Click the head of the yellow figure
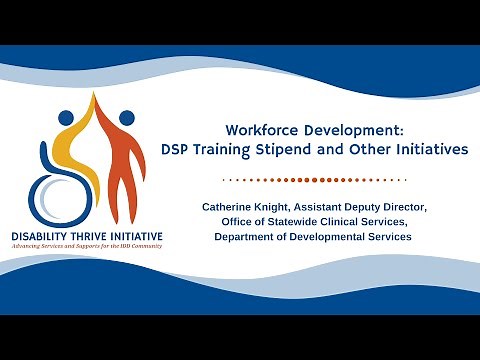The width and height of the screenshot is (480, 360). pos(66,116)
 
